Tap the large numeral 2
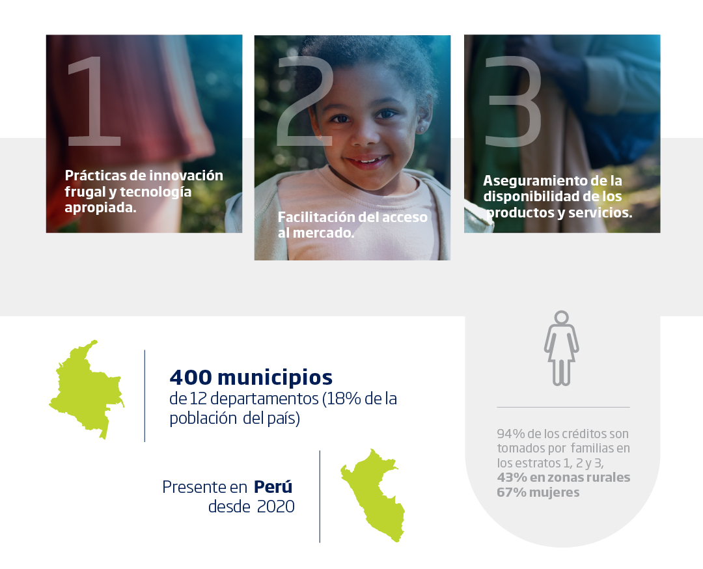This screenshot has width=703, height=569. click(305, 101)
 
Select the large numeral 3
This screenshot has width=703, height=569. click(514, 101)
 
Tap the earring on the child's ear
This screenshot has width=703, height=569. click(421, 130)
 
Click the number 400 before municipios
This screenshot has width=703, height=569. click(191, 377)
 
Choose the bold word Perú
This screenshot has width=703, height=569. click(273, 486)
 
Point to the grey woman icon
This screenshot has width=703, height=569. click(561, 348)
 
